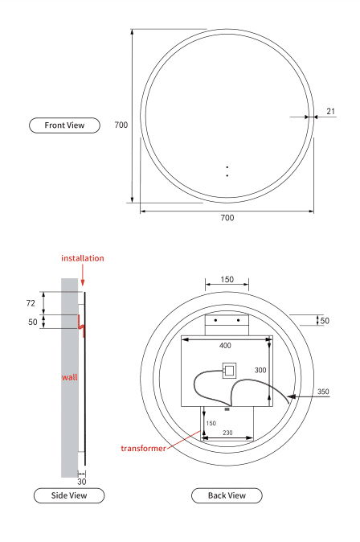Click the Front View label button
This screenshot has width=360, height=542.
(64, 125)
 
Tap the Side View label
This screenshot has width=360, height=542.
(69, 495)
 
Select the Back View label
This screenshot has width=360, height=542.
(227, 495)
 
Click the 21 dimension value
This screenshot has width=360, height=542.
(330, 111)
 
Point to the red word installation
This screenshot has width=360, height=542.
(83, 258)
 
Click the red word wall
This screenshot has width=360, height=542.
(69, 377)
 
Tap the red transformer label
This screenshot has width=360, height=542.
(143, 449)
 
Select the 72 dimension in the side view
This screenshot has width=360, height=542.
(31, 303)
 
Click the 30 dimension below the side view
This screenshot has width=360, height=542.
(82, 482)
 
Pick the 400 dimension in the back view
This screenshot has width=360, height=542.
(225, 345)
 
